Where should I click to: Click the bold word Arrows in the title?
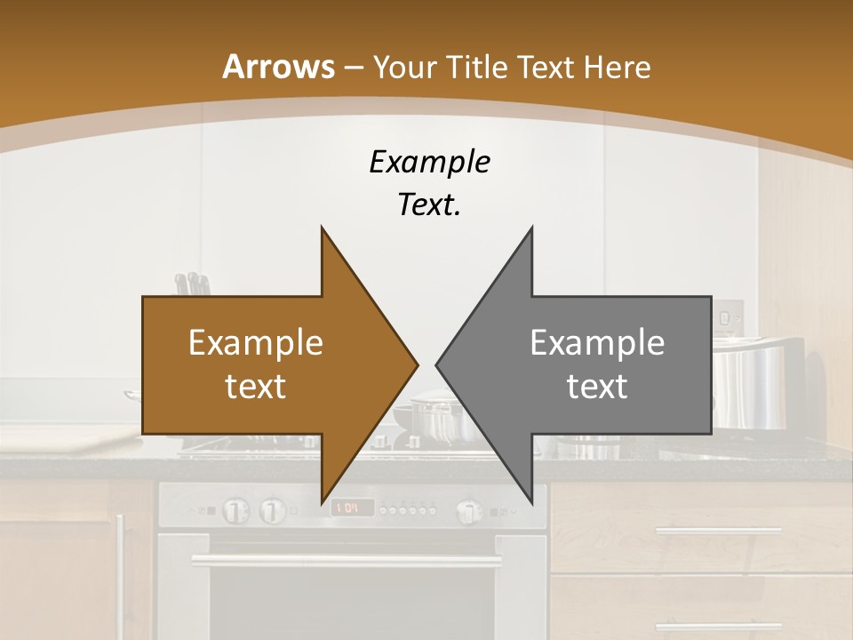(x=278, y=66)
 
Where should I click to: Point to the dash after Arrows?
(x=353, y=67)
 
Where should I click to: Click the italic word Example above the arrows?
(x=429, y=162)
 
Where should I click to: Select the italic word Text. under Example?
(x=429, y=204)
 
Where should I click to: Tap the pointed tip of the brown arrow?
(x=416, y=364)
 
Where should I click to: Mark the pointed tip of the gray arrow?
(x=438, y=364)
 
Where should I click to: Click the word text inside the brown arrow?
(x=255, y=387)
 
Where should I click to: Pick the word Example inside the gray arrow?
(x=597, y=343)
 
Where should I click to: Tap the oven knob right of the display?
(x=468, y=511)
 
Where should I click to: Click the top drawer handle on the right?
(x=718, y=532)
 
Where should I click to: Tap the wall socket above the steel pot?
(x=729, y=316)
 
